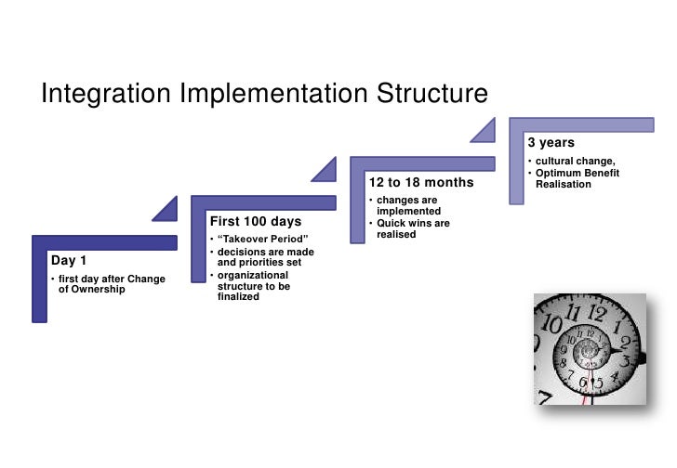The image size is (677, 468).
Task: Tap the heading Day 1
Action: [x=70, y=261]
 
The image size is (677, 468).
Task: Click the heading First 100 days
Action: [x=255, y=222]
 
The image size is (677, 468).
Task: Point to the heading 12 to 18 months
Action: [x=421, y=183]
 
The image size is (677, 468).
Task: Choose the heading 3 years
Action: [x=551, y=143]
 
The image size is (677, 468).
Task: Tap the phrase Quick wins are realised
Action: [x=413, y=228]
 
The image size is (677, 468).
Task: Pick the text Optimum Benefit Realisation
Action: [x=577, y=178]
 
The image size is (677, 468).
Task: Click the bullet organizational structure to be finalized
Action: [x=251, y=286]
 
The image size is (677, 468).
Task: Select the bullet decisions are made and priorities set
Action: [x=265, y=257]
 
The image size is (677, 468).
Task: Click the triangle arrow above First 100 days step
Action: [x=325, y=169]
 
